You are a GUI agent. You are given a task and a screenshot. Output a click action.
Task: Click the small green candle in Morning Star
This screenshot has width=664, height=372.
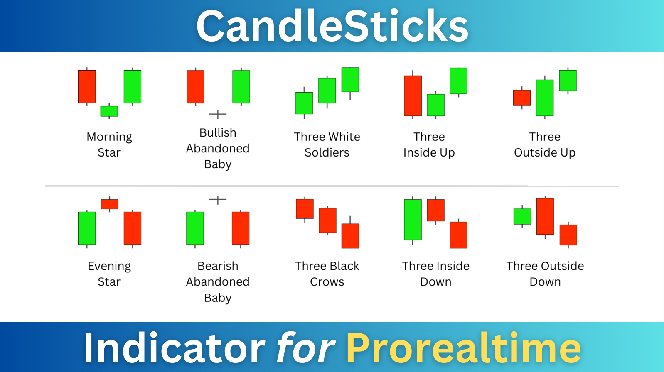coord(109,111)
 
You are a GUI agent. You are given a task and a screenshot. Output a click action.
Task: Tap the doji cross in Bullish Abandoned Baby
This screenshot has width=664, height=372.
coord(218,114)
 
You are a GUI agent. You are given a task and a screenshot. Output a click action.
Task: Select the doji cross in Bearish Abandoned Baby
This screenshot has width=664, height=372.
coord(218,200)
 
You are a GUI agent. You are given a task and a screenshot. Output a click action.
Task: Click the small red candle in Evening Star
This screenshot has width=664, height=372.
coord(110,204)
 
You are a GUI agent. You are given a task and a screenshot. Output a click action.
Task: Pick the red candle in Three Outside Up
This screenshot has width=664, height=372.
coord(522,98)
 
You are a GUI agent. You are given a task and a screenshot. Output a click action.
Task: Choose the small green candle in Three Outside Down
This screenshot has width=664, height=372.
coord(522,216)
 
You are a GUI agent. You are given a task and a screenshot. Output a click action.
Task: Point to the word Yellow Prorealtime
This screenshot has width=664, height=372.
coord(463,348)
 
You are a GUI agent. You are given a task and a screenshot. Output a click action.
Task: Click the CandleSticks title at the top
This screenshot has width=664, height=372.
coord(332,26)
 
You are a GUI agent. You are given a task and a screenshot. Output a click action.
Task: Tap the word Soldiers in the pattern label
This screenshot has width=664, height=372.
coord(327,152)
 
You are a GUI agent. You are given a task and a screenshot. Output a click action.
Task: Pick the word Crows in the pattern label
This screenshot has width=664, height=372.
coord(327,281)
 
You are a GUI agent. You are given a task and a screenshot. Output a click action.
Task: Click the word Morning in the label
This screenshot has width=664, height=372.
coord(109,137)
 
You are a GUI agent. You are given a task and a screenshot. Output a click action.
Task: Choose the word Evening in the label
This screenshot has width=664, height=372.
coord(109,267)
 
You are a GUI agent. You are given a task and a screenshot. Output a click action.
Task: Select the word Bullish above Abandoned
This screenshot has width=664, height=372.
coord(218,133)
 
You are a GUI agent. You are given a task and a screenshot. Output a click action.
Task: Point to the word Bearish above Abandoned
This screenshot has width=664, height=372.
coord(218,266)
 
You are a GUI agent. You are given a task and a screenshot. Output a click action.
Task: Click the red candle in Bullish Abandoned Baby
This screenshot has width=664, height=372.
coord(196,87)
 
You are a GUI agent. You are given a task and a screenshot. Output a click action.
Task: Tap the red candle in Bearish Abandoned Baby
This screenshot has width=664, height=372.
coord(241,228)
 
